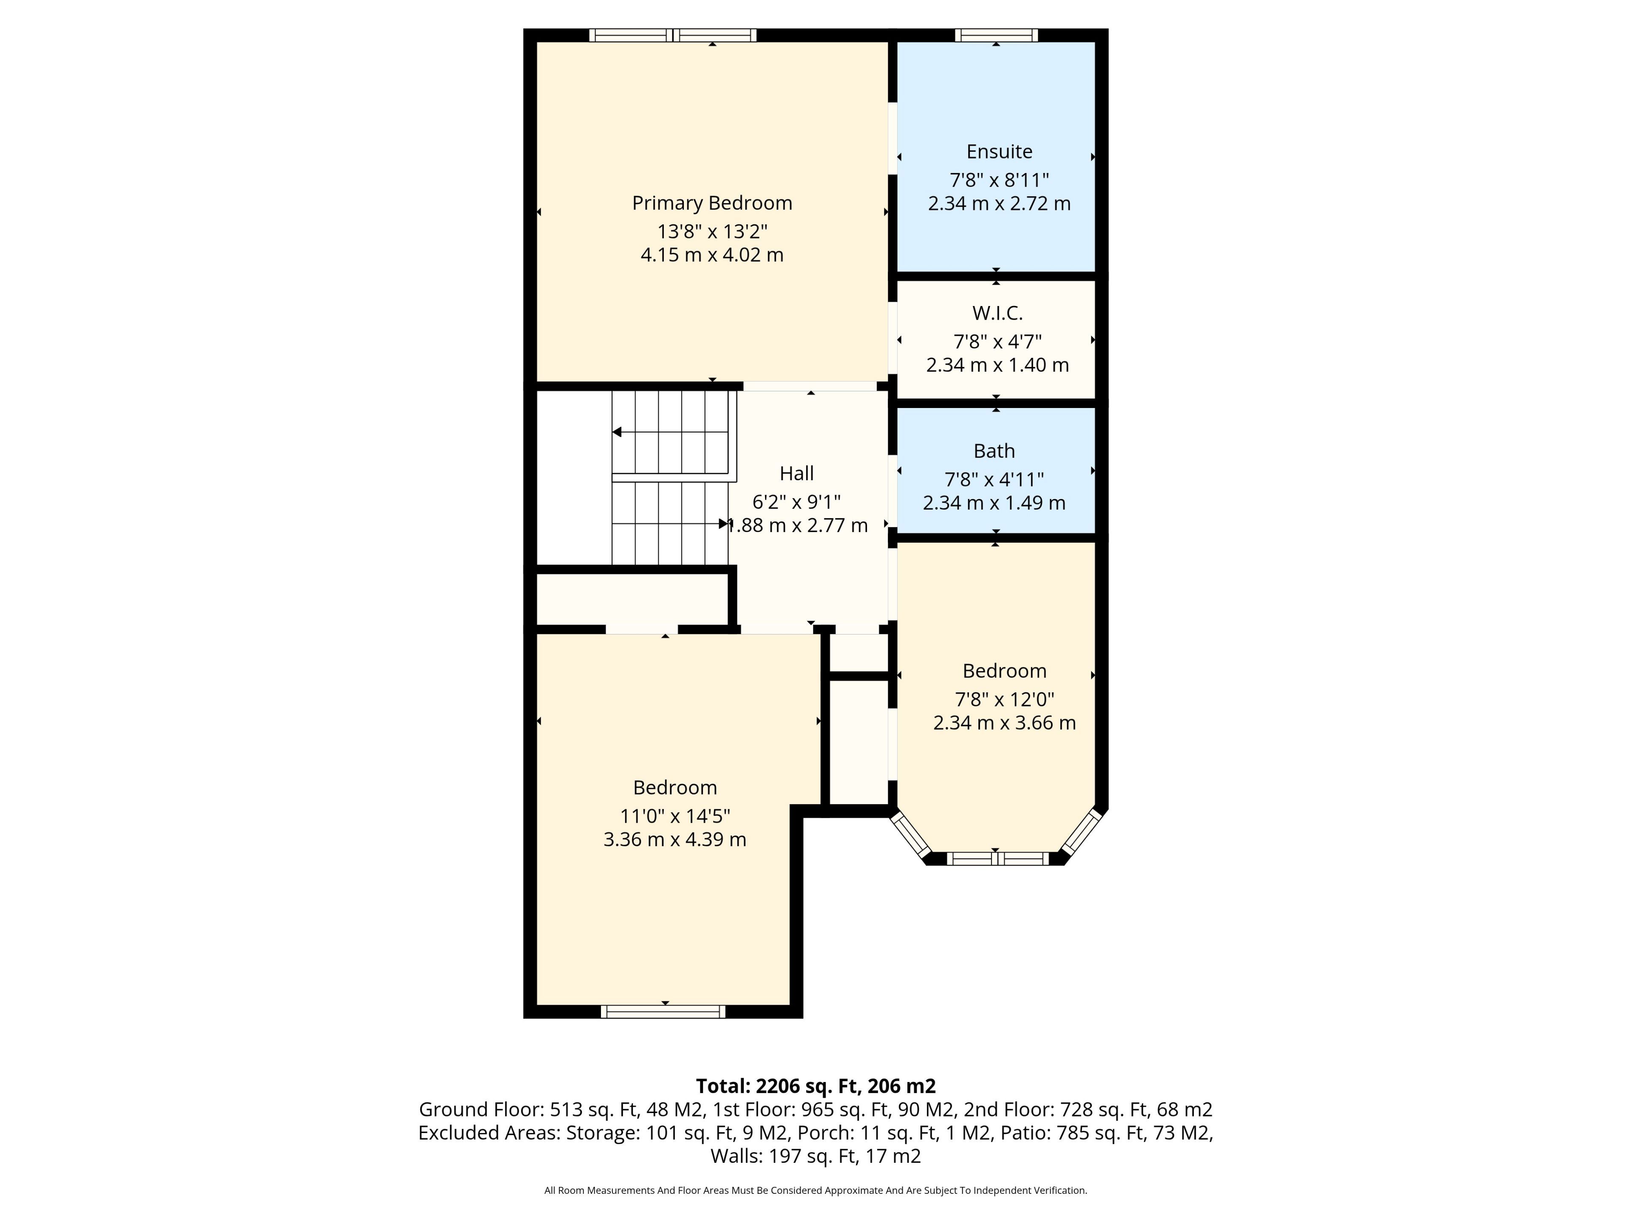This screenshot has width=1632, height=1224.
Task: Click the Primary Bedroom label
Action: point(712,203)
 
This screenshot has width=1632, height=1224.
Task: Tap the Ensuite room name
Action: point(999,151)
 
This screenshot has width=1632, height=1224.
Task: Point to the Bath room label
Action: point(994,451)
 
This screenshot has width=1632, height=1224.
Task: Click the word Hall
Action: point(797,473)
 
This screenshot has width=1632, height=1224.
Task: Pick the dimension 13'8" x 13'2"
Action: point(712,232)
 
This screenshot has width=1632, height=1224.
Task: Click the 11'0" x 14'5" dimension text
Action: point(675,816)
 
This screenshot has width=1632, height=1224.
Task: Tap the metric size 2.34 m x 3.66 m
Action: point(1004,722)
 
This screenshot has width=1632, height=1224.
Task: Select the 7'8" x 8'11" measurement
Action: point(999,180)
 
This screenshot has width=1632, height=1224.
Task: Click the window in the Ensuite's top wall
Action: point(996,35)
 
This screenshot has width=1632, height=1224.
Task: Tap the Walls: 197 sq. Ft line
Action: point(815,1156)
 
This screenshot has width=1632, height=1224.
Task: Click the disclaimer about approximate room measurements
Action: point(815,1190)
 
